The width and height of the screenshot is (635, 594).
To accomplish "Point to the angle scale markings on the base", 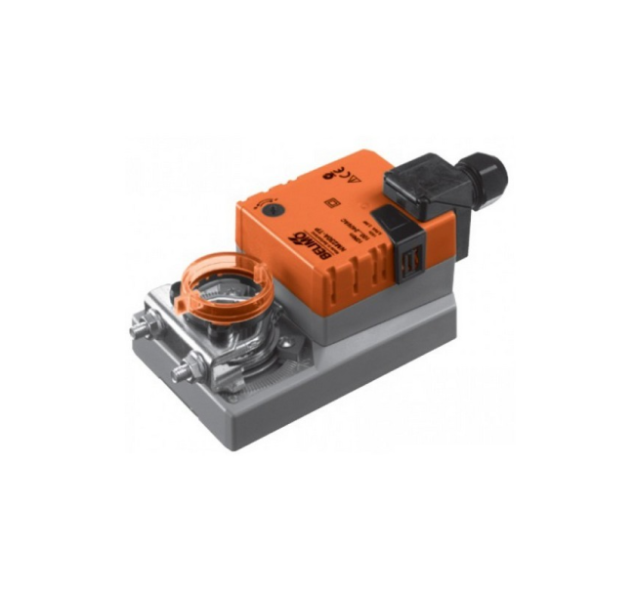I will tap(256, 360).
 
